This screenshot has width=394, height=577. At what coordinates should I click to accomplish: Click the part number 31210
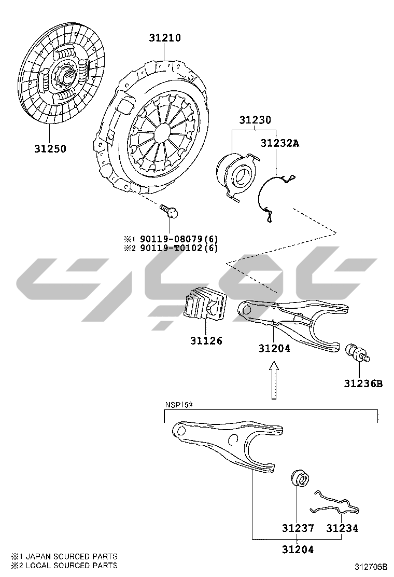[x=165, y=38]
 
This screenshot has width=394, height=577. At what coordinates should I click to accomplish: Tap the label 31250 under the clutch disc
[x=51, y=149]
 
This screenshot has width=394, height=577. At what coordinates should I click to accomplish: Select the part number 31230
[x=256, y=120]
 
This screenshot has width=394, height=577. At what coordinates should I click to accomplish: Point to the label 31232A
[x=280, y=143]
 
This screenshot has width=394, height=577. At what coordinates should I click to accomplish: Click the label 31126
[x=206, y=341]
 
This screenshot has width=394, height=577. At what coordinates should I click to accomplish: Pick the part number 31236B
[x=363, y=383]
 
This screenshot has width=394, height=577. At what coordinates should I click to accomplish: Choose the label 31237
[x=298, y=528]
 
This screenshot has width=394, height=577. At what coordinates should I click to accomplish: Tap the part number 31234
[x=342, y=528]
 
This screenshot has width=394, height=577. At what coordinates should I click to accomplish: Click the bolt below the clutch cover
[x=170, y=211]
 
